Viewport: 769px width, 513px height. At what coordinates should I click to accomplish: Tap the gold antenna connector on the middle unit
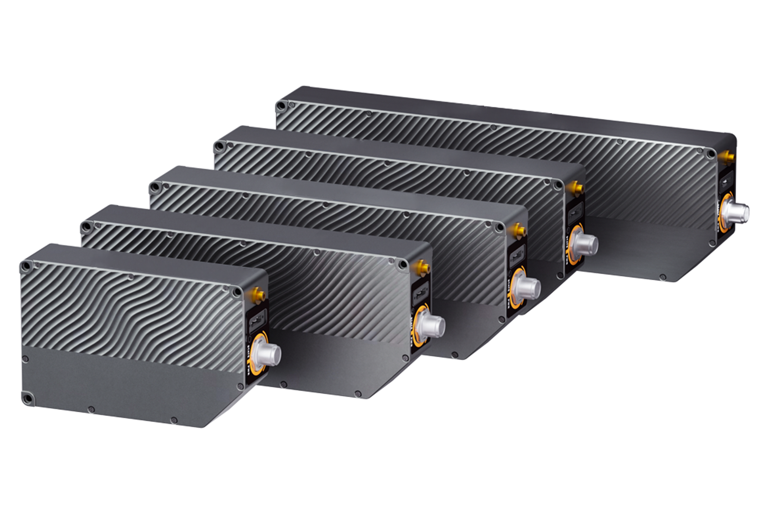tap(518, 231)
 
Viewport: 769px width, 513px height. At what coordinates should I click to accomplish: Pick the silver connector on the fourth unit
tap(587, 244)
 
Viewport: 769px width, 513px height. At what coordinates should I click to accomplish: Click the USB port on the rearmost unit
tap(727, 183)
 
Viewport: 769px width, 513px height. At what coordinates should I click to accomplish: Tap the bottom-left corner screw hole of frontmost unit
tap(29, 397)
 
